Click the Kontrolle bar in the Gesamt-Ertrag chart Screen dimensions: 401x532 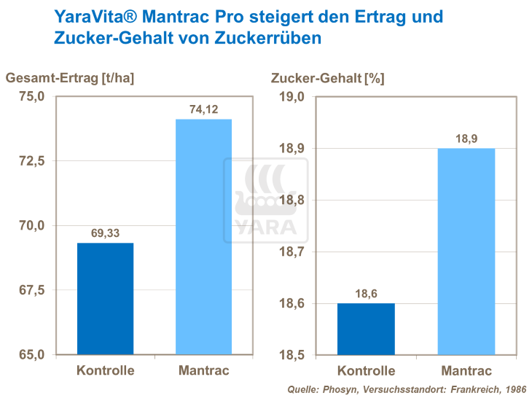coord(106,299)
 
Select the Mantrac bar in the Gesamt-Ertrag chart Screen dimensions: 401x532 coord(203,237)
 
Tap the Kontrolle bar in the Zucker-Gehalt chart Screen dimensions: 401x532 coord(367,329)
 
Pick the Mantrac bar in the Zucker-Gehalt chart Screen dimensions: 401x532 coord(465,252)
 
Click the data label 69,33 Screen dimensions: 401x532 coord(106,233)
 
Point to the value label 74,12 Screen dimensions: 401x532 coord(203,109)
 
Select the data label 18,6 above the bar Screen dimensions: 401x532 coord(367,294)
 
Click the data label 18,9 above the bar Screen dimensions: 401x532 coord(465,139)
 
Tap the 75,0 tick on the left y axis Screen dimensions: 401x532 coord(31,97)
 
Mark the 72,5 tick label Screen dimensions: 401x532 coord(31,161)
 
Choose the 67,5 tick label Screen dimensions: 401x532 coord(31,290)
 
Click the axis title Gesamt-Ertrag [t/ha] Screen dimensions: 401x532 coord(71,78)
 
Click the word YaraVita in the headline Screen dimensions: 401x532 coord(91,15)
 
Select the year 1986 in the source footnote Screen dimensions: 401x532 coord(514,390)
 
